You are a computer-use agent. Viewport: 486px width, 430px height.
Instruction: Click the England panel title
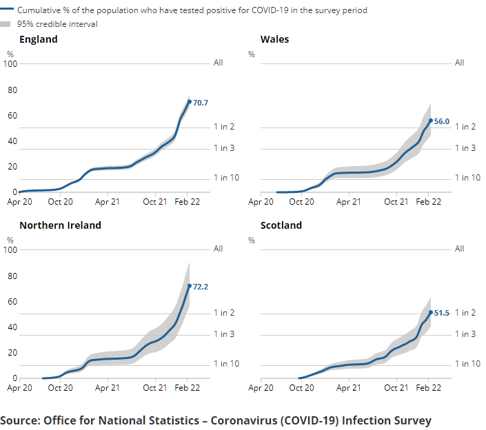pos(38,39)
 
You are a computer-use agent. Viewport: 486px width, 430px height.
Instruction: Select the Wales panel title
pos(274,39)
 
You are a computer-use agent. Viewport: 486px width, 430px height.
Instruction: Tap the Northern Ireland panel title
pos(60,225)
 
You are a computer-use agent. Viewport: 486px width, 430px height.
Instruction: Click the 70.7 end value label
pos(201,103)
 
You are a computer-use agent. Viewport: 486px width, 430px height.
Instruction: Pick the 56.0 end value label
pos(442,121)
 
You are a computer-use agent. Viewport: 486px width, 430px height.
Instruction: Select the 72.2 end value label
pos(201,287)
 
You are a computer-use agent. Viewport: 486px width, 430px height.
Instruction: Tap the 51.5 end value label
pos(442,313)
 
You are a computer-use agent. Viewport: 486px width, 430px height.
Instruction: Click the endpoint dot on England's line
pos(190,102)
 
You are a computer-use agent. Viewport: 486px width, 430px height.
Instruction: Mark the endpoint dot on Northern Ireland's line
pos(190,286)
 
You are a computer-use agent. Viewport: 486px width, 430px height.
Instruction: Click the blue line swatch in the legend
pos(8,11)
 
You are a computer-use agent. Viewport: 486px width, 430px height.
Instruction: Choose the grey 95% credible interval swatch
pos(8,24)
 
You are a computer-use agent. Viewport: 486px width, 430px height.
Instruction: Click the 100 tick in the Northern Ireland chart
pos(10,249)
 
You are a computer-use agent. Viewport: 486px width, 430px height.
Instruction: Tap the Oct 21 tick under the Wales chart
pos(396,202)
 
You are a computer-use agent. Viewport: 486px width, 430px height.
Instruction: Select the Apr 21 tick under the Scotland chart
pos(348,388)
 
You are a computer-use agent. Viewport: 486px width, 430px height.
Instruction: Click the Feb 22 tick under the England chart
pos(187,202)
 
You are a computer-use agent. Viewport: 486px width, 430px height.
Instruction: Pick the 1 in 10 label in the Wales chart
pos(467,178)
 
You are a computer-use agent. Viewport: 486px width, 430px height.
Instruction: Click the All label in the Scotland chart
pos(459,249)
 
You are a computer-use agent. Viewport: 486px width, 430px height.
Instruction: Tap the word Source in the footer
pos(20,420)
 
